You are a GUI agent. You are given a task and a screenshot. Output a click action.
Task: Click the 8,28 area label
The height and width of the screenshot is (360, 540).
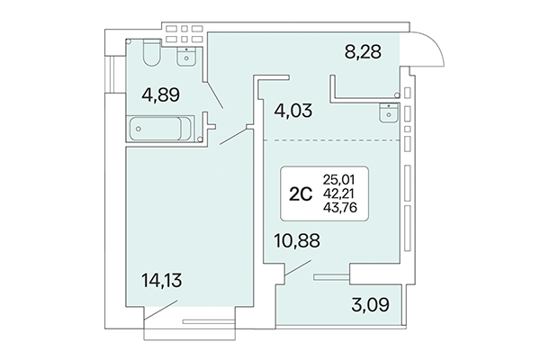click(x=364, y=53)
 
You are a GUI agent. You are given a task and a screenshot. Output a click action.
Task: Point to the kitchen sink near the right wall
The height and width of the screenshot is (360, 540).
click(x=389, y=113)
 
